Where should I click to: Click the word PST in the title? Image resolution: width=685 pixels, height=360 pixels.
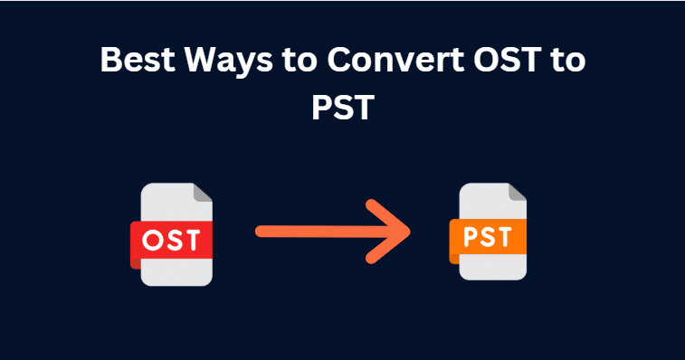click(342, 108)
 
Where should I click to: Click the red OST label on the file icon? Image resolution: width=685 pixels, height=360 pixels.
click(172, 241)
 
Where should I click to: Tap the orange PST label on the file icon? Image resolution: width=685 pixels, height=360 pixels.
click(488, 237)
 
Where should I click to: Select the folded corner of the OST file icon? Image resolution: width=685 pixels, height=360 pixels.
click(203, 194)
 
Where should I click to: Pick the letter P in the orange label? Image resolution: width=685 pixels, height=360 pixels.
click(468, 237)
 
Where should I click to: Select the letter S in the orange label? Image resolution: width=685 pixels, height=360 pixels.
click(488, 237)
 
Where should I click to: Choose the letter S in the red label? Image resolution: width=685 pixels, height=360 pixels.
click(174, 241)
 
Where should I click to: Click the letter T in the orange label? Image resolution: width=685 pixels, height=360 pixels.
click(508, 237)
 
